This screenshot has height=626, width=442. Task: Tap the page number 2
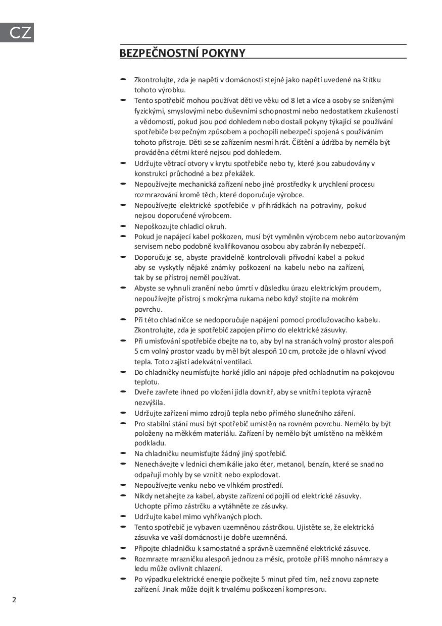[x=14, y=600]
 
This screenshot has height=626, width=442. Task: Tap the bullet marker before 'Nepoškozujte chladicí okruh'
[x=123, y=225]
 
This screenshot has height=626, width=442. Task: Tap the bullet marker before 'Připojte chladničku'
[x=123, y=547]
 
